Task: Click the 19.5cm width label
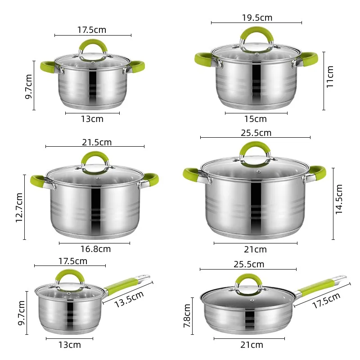click(257, 18)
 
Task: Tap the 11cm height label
click(330, 76)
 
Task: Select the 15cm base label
click(255, 119)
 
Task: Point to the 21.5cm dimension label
click(97, 142)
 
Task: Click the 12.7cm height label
click(19, 208)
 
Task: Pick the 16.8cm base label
click(95, 249)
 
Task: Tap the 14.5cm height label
click(339, 199)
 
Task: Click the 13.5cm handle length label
click(129, 299)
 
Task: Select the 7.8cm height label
click(187, 315)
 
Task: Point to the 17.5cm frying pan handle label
click(326, 300)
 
